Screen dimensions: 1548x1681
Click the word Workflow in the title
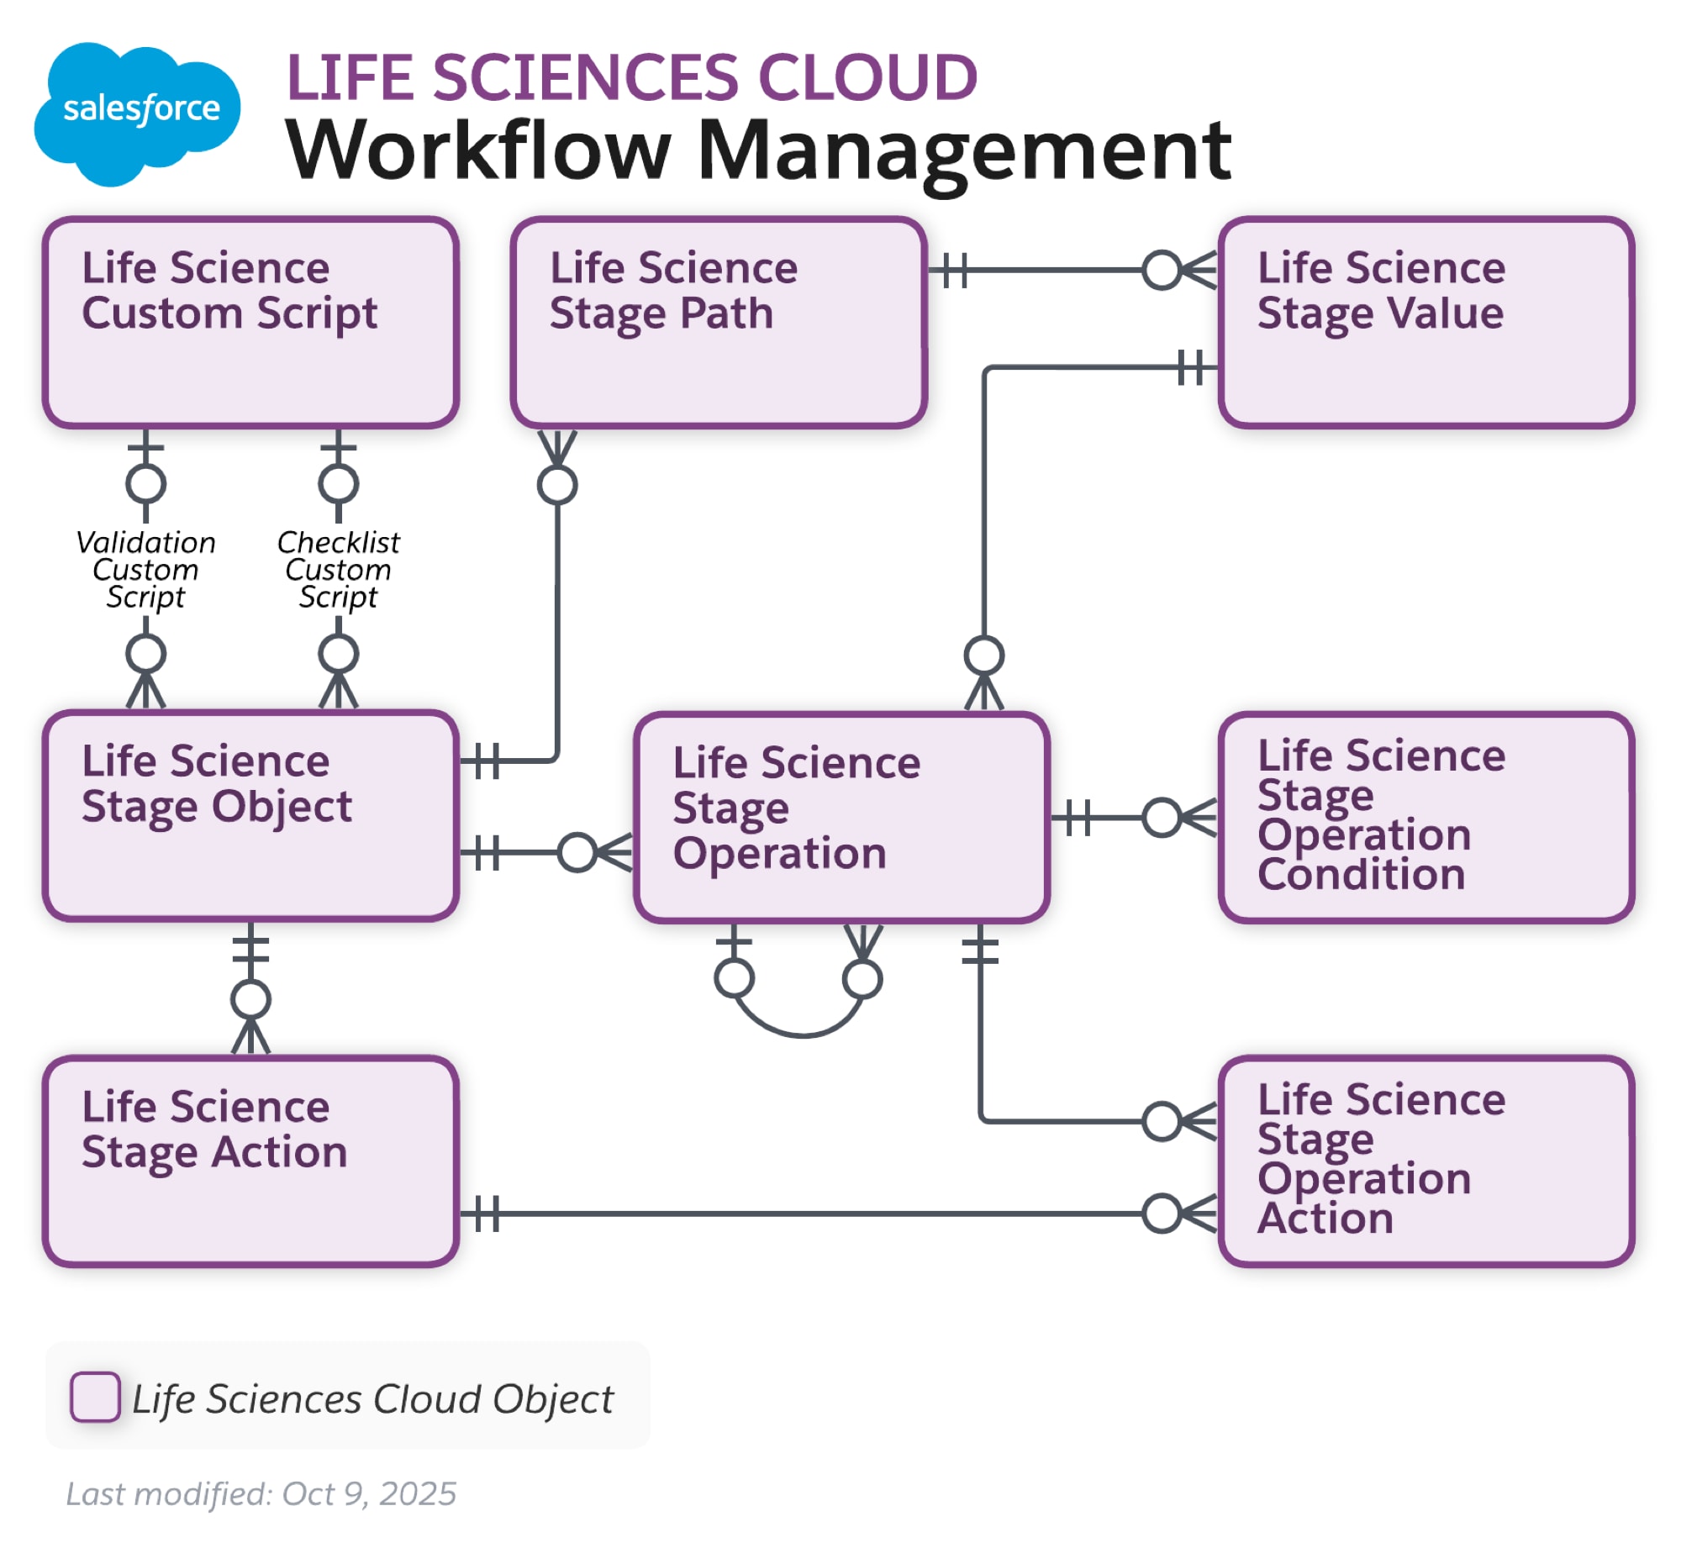[478, 150]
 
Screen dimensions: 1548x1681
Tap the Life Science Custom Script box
[250, 323]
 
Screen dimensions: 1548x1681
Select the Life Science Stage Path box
[718, 323]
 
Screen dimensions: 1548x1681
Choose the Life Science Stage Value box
[1425, 323]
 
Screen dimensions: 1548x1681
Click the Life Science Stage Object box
[250, 816]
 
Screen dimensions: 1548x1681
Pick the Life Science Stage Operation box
[841, 818]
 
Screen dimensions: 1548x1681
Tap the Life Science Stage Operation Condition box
[1425, 818]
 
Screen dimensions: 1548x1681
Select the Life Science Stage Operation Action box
[1425, 1161]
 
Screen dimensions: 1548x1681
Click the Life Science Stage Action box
[250, 1161]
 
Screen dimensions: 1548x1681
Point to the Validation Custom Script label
[145, 570]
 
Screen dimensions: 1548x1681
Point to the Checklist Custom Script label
[338, 570]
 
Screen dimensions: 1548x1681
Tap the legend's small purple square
[95, 1397]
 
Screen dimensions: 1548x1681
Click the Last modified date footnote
[261, 1494]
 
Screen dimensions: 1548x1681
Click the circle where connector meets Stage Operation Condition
[1162, 818]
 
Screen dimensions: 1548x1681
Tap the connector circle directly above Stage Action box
[250, 1000]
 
